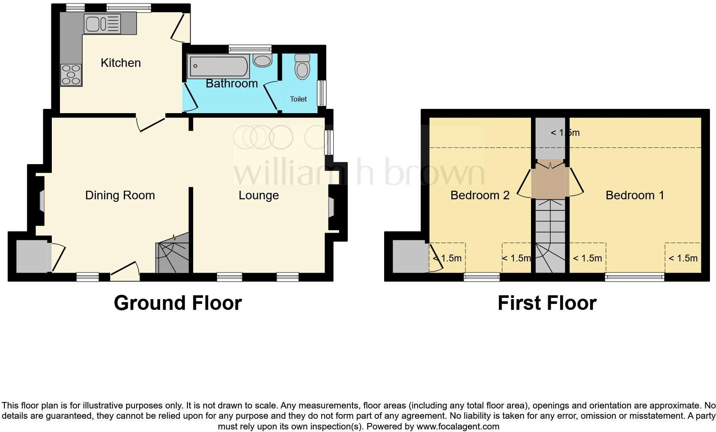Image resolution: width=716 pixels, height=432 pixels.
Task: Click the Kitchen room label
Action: [x=120, y=63]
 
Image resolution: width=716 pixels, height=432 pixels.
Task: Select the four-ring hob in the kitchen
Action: [x=71, y=75]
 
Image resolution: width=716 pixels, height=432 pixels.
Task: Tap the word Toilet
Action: [x=298, y=99]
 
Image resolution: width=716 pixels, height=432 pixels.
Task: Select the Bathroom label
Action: [x=232, y=83]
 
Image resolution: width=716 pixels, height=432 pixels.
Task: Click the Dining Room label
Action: [x=120, y=195]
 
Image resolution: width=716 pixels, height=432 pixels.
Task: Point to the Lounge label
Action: [x=259, y=195]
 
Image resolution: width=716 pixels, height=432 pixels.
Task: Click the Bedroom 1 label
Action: [x=635, y=195]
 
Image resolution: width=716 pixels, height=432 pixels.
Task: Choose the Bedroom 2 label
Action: [x=480, y=195]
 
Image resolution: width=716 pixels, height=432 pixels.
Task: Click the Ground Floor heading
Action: [x=178, y=303]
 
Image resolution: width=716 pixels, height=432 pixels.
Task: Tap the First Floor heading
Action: [x=547, y=303]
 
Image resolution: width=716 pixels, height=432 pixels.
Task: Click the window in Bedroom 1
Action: [x=635, y=277]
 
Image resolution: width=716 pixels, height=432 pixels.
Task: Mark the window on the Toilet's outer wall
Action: [x=322, y=93]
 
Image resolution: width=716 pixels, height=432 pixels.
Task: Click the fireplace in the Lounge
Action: [x=331, y=207]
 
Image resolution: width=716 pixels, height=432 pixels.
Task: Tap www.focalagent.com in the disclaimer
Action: [x=457, y=426]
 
